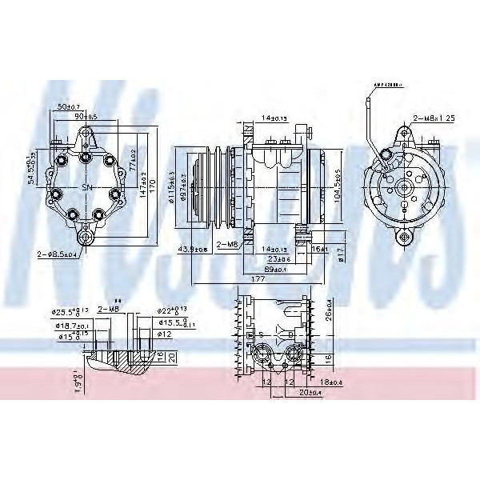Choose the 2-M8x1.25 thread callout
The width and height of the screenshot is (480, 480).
coord(433,118)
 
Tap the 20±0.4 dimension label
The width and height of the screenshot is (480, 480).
coord(302,393)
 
